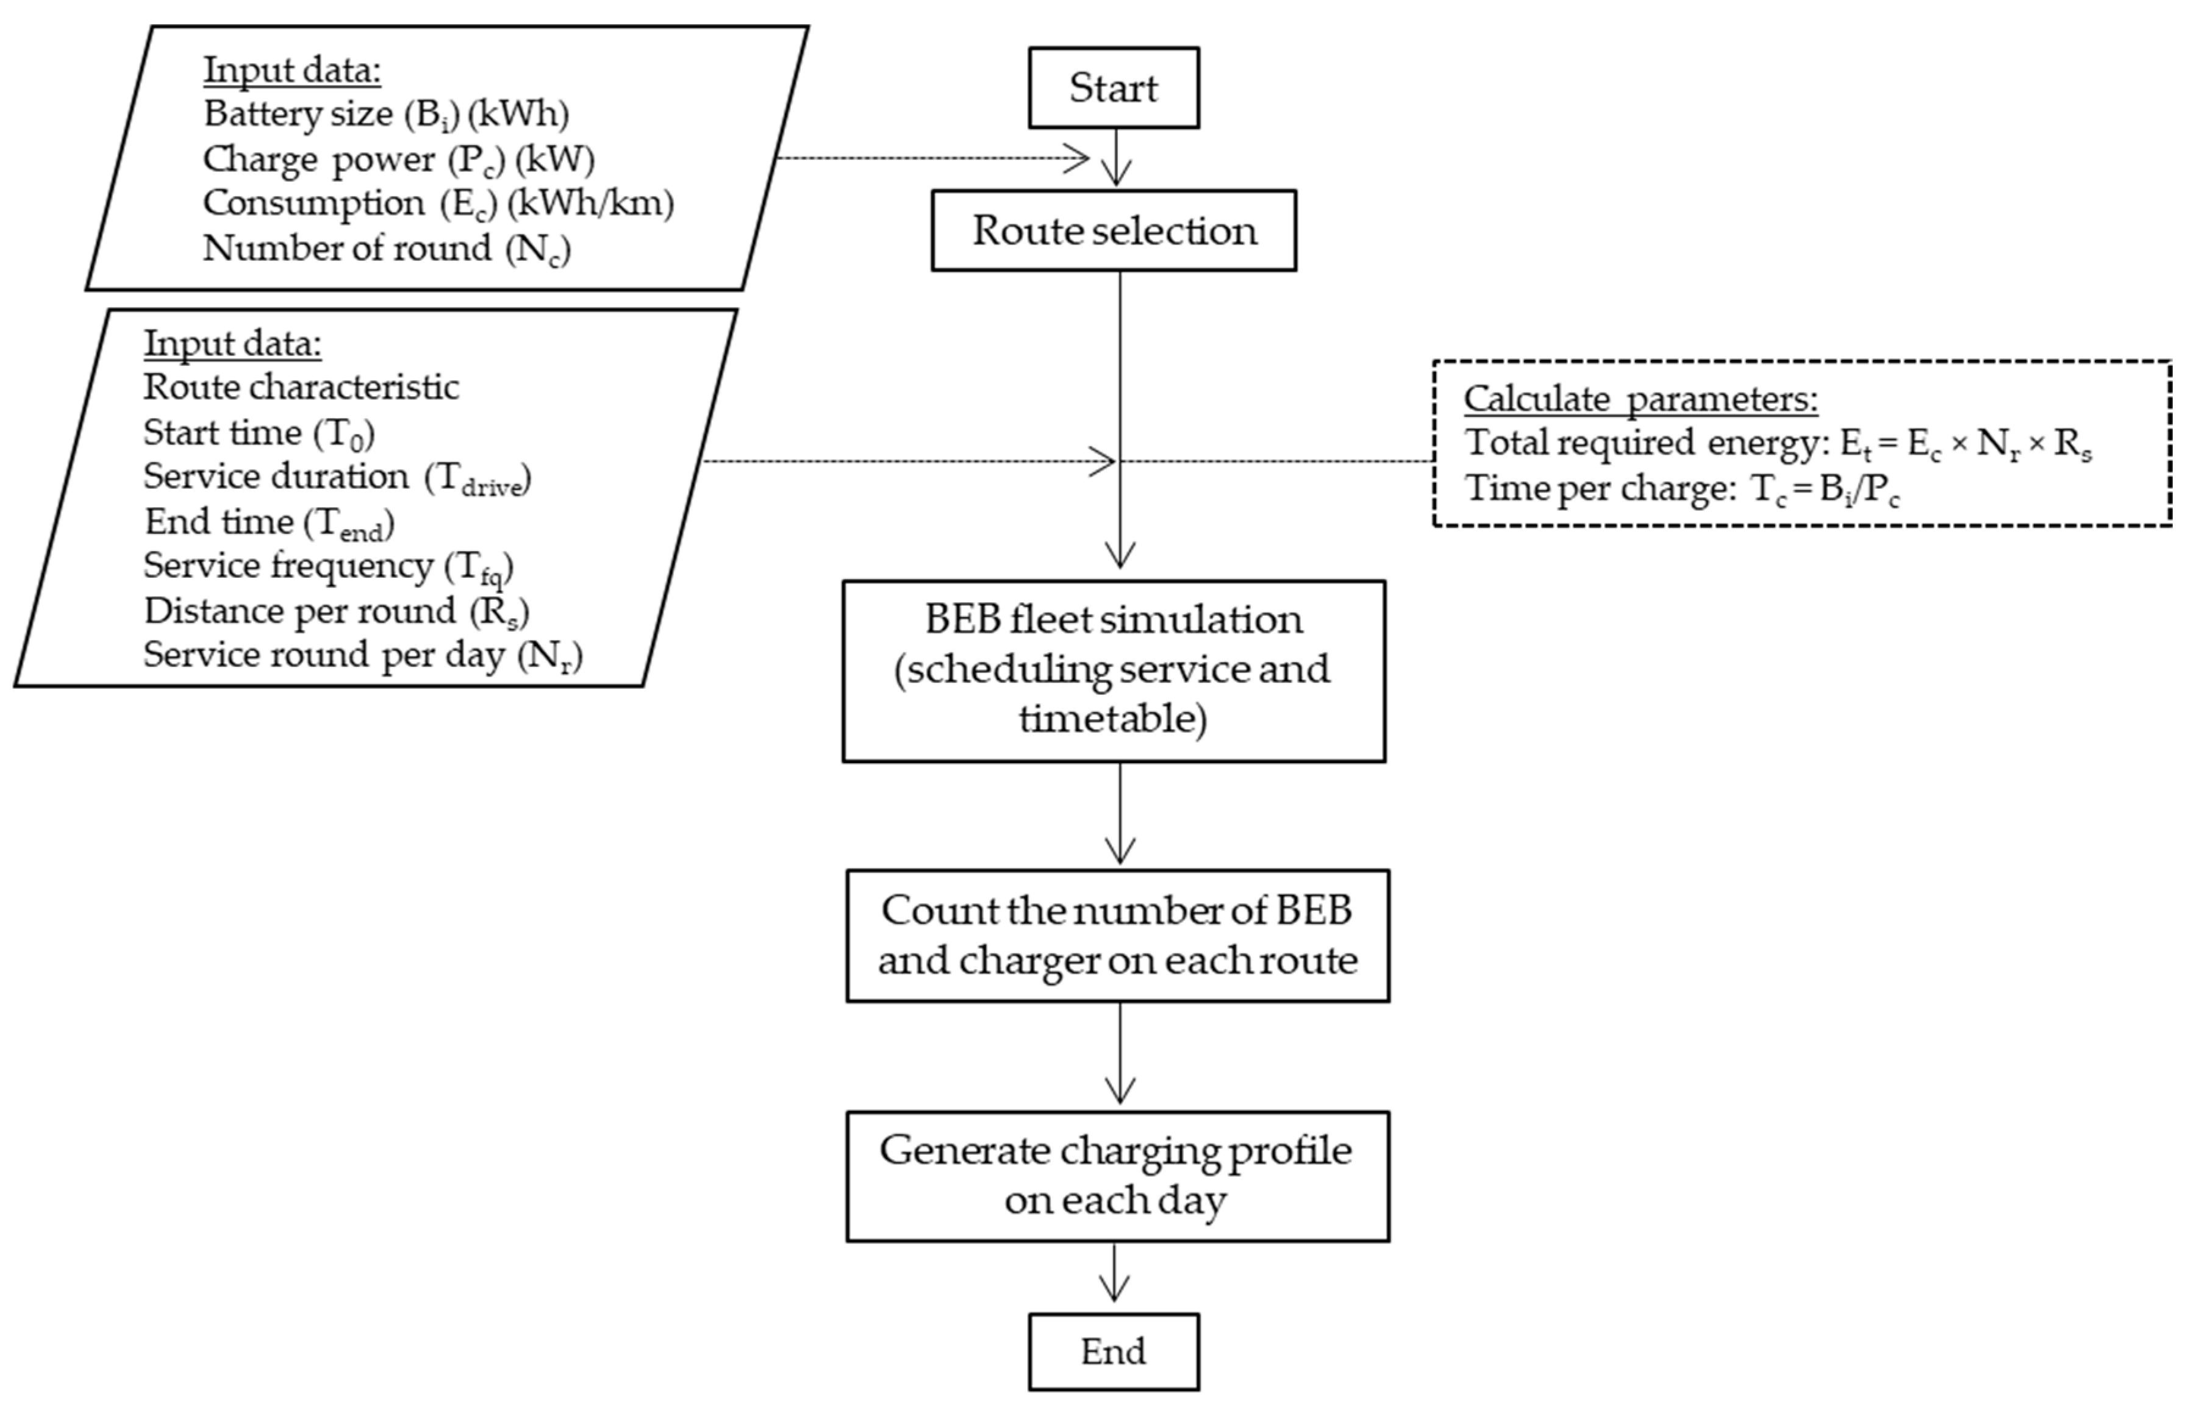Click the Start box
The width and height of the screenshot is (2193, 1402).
pyautogui.click(x=1113, y=87)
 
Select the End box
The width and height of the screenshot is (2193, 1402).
pyautogui.click(x=1113, y=1351)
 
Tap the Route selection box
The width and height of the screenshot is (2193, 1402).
pyautogui.click(x=1113, y=230)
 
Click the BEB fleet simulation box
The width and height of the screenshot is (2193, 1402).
pyautogui.click(x=1113, y=670)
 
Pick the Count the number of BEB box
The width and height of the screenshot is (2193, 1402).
pyautogui.click(x=1117, y=935)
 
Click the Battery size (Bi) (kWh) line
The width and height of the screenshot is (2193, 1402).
pyautogui.click(x=386, y=115)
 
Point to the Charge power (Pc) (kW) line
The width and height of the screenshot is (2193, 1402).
pyautogui.click(x=399, y=159)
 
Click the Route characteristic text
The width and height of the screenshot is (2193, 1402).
pyautogui.click(x=301, y=388)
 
